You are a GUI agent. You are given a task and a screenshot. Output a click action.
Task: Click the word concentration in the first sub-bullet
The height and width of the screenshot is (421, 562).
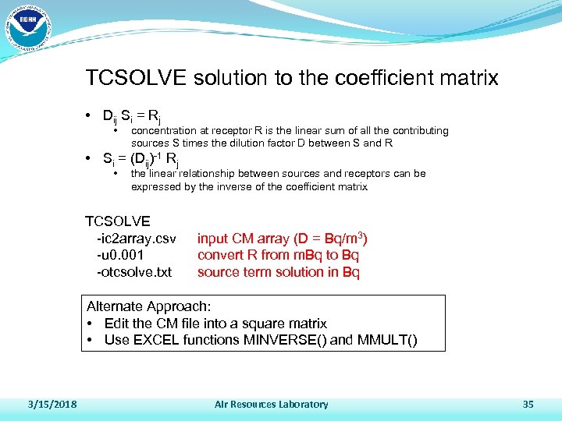(168, 130)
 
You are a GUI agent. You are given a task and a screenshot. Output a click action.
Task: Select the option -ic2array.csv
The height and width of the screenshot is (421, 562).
(136, 238)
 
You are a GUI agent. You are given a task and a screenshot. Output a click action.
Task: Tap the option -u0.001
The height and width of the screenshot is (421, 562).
(121, 255)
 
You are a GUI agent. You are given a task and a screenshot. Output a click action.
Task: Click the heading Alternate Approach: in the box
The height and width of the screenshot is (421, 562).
(149, 306)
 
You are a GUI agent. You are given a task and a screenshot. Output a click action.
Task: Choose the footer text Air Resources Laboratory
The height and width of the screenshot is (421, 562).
(271, 404)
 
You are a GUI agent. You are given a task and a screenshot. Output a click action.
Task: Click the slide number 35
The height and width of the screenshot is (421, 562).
(527, 404)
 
